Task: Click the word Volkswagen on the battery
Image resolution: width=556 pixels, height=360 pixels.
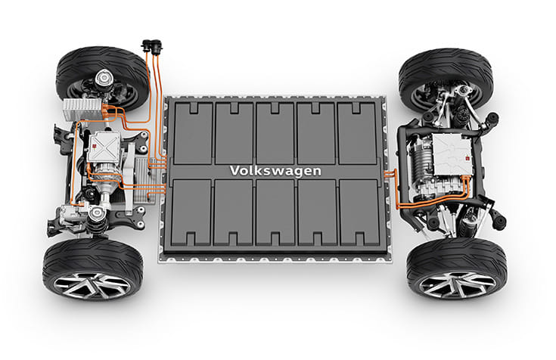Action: coord(276,171)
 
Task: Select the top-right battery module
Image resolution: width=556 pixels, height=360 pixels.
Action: coord(358,132)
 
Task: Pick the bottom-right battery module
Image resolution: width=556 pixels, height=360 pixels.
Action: coord(359,214)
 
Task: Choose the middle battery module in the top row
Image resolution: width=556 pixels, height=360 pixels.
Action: coord(275,132)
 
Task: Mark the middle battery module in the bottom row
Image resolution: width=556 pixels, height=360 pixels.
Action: coord(275,214)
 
